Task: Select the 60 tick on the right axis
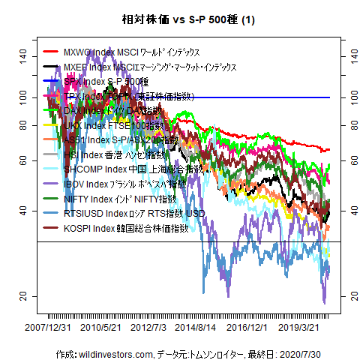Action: (348, 160)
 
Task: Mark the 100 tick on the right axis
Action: (348, 97)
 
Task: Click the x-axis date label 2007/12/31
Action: (48, 327)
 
